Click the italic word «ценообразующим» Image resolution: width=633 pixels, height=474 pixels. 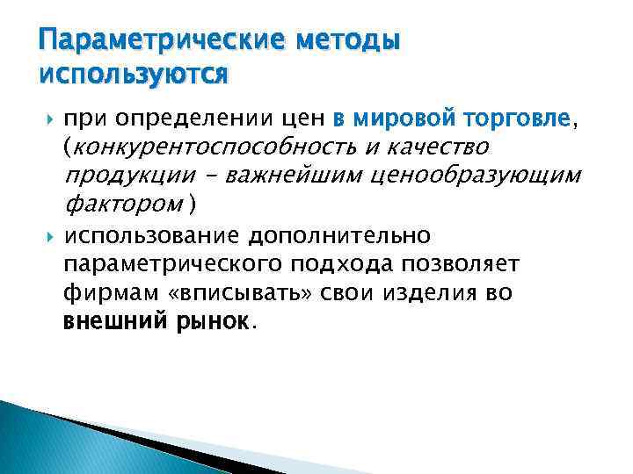(x=474, y=176)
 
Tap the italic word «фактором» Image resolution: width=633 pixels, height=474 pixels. (x=126, y=205)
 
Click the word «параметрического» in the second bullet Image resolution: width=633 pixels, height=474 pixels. (x=166, y=264)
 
